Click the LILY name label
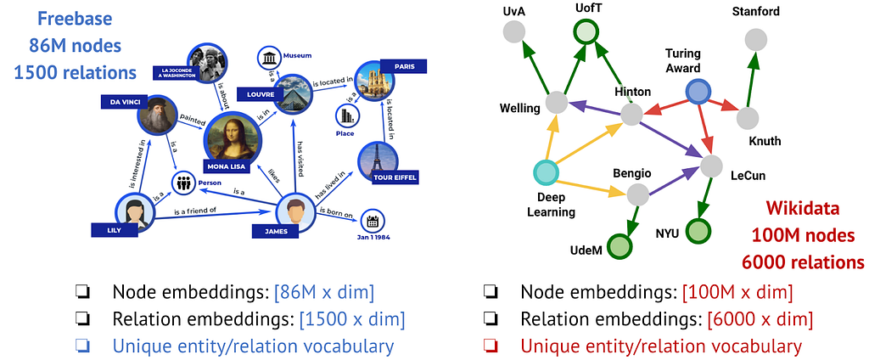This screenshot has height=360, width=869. coord(114,229)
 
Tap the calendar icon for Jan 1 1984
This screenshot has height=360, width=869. coord(370,221)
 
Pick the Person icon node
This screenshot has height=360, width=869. coord(184,182)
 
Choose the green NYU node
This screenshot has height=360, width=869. coord(698,230)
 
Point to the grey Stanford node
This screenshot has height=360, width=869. coord(754,39)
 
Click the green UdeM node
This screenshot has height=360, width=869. coord(620,246)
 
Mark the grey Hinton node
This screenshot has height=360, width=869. coord(631,115)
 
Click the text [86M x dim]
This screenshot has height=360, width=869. coord(323,293)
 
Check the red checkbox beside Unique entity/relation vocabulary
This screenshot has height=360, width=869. coord(491,346)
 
